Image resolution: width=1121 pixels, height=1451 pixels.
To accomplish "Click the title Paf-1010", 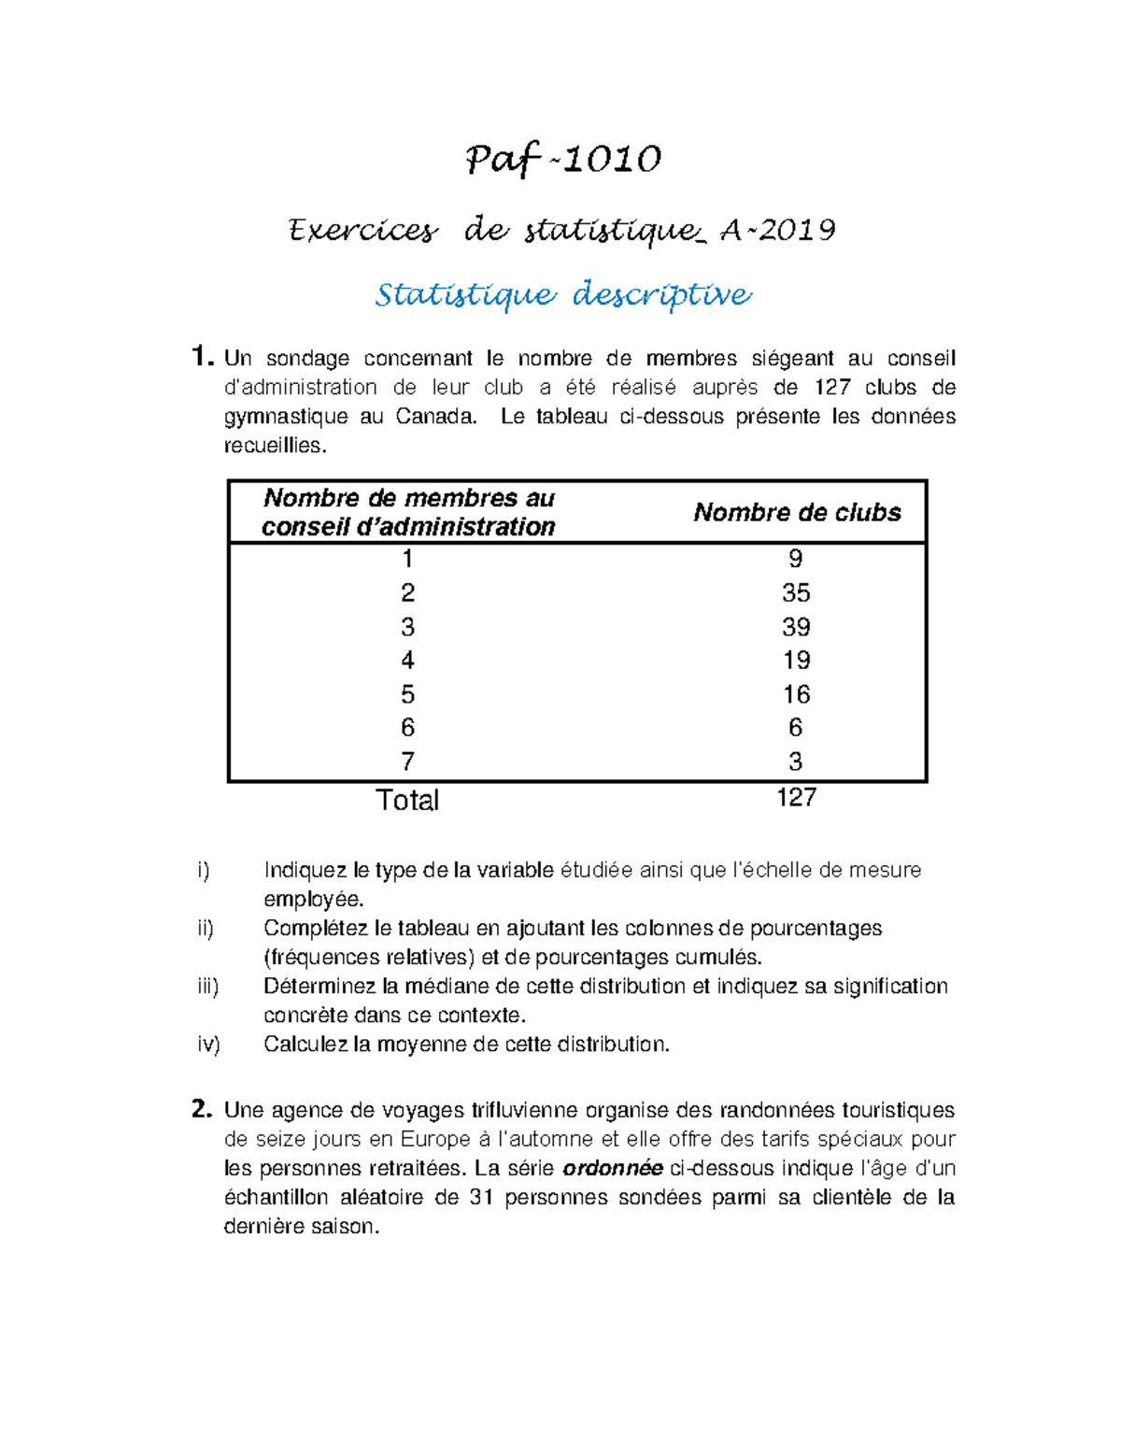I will (x=563, y=160).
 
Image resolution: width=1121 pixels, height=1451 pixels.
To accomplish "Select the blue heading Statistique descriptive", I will (x=562, y=294).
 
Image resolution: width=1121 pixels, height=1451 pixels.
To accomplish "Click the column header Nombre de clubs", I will (x=797, y=512).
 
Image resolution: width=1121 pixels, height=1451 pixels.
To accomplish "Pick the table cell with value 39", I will (x=796, y=627).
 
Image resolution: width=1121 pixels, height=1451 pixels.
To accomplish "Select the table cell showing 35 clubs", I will (x=796, y=592).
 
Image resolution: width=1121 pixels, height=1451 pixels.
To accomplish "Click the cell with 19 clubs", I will (x=796, y=661).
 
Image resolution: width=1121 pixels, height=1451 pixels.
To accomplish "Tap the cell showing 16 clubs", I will (x=796, y=694).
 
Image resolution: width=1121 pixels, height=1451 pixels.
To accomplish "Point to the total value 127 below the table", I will (x=796, y=797).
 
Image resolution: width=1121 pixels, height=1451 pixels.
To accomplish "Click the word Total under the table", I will (x=407, y=800).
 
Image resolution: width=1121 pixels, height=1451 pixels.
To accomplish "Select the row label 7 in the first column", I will (x=407, y=761).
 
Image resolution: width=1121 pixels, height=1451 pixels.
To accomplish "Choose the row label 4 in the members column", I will (x=407, y=661).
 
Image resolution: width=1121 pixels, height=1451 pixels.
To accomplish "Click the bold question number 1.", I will (x=201, y=357).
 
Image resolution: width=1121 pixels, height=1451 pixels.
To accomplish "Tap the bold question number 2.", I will (x=201, y=1109).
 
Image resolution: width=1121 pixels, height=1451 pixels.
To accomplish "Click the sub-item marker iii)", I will (x=207, y=987).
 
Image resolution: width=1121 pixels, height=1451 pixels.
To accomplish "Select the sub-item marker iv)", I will (x=208, y=1045).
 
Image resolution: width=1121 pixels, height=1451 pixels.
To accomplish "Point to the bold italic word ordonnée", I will (x=613, y=1168).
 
